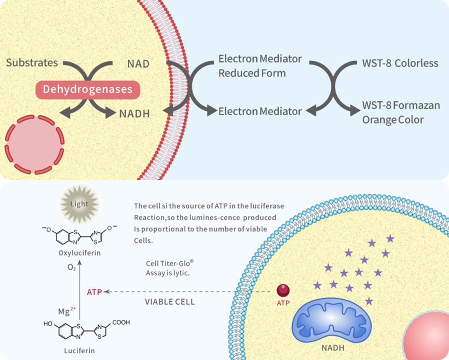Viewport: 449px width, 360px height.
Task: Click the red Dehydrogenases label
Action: coord(88,89)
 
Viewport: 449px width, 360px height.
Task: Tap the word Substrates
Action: coord(32,63)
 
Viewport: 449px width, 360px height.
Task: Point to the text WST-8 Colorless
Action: coord(400,64)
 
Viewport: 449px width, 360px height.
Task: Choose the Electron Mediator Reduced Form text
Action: coord(252,66)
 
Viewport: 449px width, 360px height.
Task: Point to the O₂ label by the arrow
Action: coord(72,269)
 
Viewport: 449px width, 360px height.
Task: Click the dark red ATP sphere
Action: coord(283,290)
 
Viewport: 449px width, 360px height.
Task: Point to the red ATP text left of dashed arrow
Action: coord(94,292)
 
